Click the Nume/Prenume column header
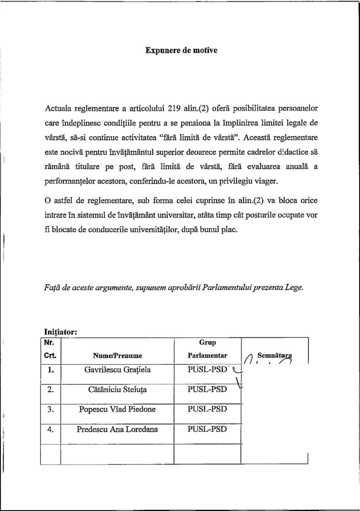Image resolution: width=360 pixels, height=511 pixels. pyautogui.click(x=118, y=356)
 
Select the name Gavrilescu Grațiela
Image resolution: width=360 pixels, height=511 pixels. pyautogui.click(x=118, y=371)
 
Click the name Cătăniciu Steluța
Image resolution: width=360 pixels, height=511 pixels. pyautogui.click(x=118, y=390)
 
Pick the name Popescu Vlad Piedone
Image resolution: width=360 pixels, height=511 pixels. pyautogui.click(x=118, y=409)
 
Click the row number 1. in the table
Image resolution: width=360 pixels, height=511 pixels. pyautogui.click(x=50, y=371)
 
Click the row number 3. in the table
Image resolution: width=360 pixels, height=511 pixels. pyautogui.click(x=50, y=409)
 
